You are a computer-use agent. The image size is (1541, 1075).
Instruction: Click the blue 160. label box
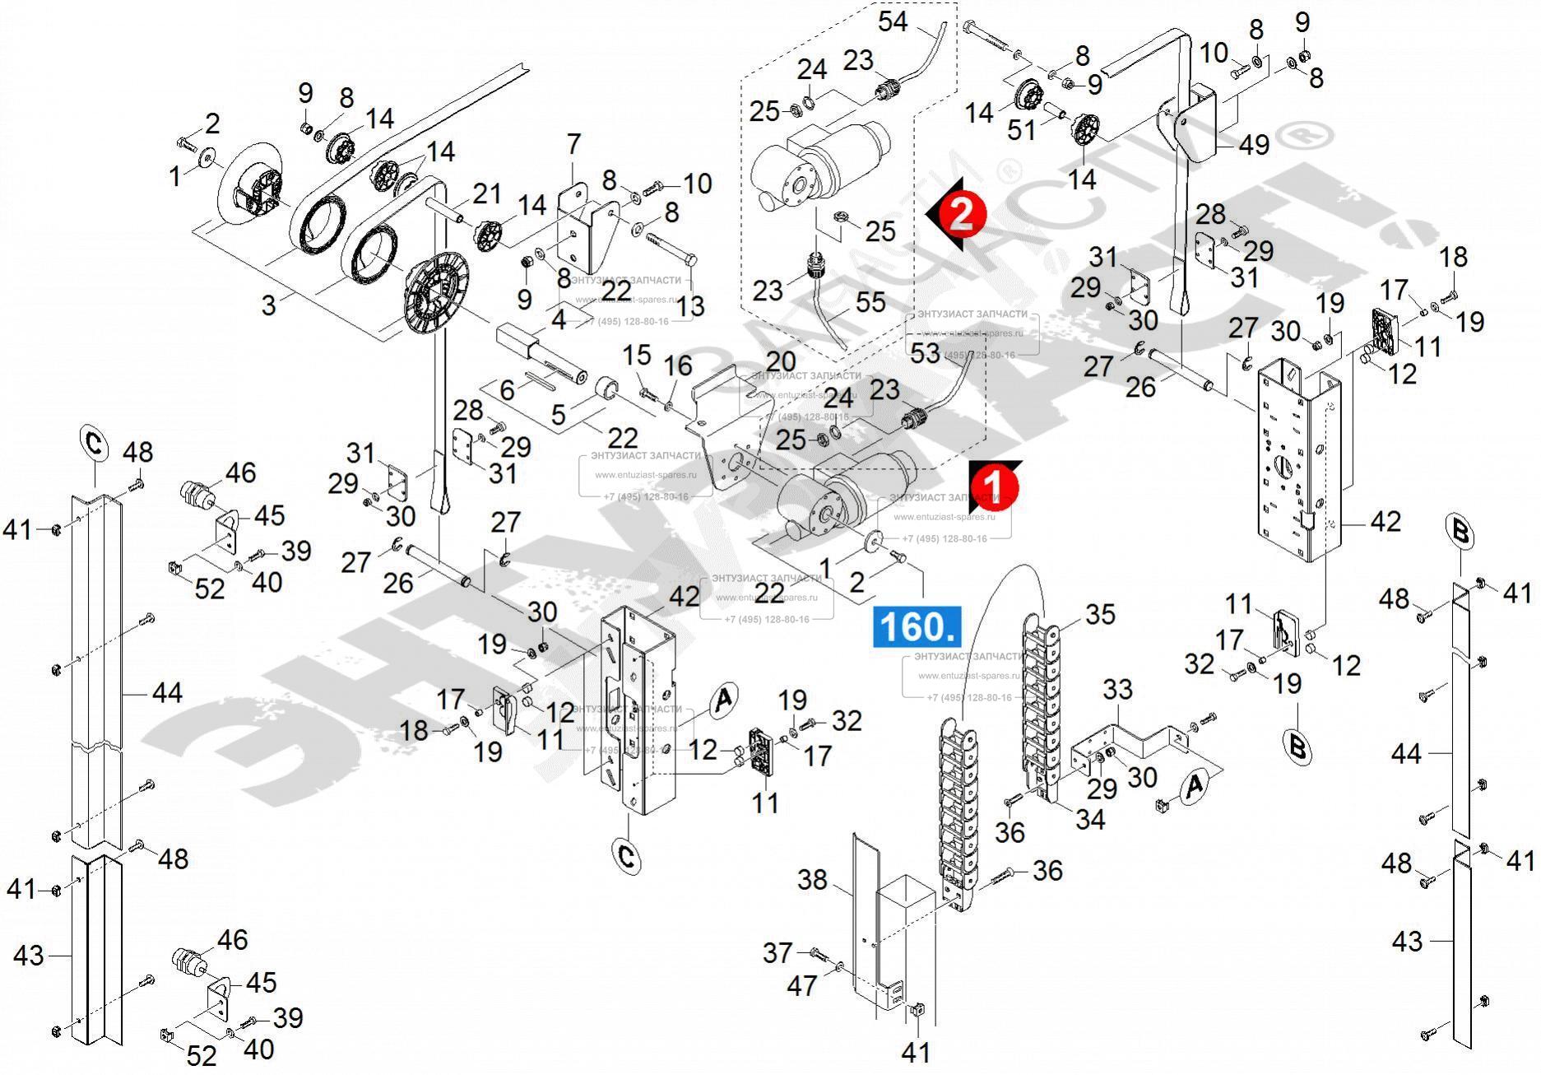pos(916,626)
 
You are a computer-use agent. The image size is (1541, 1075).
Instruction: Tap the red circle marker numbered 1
pos(995,486)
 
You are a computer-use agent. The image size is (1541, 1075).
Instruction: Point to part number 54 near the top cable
pos(893,21)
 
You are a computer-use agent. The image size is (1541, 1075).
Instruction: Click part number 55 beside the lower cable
pos(870,302)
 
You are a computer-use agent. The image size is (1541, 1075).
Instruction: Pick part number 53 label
pos(924,353)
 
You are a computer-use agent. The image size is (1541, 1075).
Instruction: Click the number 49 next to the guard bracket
pos(1254,145)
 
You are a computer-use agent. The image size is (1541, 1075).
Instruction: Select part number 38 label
pos(812,880)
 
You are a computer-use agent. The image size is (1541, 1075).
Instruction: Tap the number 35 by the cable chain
pos(1099,614)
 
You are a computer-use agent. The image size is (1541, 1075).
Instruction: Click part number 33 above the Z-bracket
pos(1117,689)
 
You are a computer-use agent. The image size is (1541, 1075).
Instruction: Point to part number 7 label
pos(573,144)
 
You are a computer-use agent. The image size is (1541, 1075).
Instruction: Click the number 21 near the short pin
pos(486,194)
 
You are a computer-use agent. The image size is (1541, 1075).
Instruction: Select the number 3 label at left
pos(268,305)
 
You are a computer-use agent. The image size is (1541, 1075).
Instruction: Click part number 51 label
pos(1021,129)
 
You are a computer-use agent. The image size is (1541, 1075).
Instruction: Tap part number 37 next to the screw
pos(777,952)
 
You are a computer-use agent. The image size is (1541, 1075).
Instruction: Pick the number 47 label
pos(801,984)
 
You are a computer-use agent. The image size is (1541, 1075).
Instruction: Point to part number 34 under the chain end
pos(1090,818)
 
